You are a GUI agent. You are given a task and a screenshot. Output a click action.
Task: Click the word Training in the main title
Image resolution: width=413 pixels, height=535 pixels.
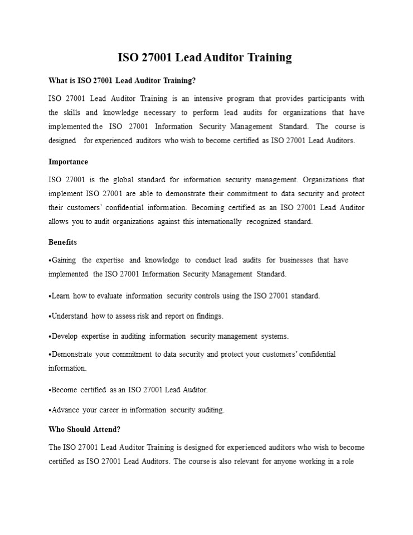(265, 57)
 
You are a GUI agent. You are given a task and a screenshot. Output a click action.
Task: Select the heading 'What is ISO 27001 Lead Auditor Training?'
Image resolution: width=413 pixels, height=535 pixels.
(122, 81)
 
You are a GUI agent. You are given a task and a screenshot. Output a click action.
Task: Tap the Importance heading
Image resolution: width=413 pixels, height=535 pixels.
(68, 162)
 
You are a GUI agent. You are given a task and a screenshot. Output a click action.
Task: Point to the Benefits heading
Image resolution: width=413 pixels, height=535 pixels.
(62, 242)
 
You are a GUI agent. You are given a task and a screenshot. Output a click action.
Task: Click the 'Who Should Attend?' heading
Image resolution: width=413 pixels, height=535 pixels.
(84, 430)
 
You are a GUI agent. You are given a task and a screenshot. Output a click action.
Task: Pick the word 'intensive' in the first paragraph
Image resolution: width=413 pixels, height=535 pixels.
(211, 99)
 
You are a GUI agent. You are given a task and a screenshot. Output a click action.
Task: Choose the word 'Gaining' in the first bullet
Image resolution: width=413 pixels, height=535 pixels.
(64, 260)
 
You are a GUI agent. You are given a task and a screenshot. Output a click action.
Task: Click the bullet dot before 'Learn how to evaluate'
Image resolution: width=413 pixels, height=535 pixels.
(50, 296)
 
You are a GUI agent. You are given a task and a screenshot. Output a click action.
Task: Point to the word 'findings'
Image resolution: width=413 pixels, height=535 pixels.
(208, 316)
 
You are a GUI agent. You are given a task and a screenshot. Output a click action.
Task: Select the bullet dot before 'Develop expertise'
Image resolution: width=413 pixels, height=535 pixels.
(50, 336)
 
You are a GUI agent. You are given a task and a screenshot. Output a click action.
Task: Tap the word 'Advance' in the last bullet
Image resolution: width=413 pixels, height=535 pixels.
(65, 410)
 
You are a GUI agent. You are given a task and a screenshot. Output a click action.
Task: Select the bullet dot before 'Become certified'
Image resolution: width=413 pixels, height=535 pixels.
(50, 390)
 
